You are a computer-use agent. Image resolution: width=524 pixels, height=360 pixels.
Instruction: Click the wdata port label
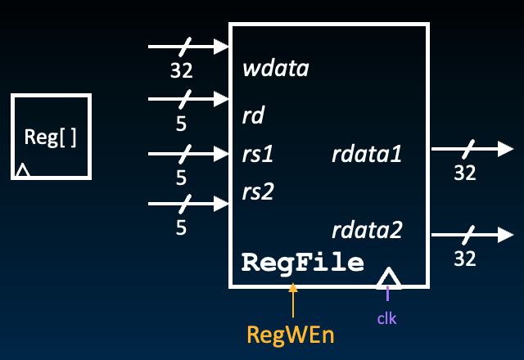click(276, 68)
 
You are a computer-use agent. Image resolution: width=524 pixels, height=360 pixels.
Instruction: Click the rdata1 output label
click(367, 153)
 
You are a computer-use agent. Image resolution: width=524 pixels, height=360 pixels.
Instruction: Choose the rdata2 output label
click(367, 230)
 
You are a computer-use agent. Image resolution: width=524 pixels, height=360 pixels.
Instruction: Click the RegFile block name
click(302, 263)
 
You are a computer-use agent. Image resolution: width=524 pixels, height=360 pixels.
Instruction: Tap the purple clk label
click(387, 318)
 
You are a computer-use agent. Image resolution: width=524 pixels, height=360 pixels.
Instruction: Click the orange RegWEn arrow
click(293, 302)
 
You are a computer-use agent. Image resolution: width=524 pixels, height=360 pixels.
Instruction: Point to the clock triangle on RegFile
click(389, 278)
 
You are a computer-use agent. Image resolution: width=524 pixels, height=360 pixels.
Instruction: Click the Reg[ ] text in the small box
click(51, 137)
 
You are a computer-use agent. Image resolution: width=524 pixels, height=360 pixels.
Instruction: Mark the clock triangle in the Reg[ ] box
click(23, 170)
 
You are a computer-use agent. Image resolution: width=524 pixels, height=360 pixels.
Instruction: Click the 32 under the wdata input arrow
click(181, 70)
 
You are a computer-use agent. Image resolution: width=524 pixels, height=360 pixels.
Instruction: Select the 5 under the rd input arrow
click(181, 125)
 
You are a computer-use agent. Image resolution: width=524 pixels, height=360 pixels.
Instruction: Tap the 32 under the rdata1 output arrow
click(465, 173)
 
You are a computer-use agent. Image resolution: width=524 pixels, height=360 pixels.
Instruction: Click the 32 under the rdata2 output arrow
click(465, 259)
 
